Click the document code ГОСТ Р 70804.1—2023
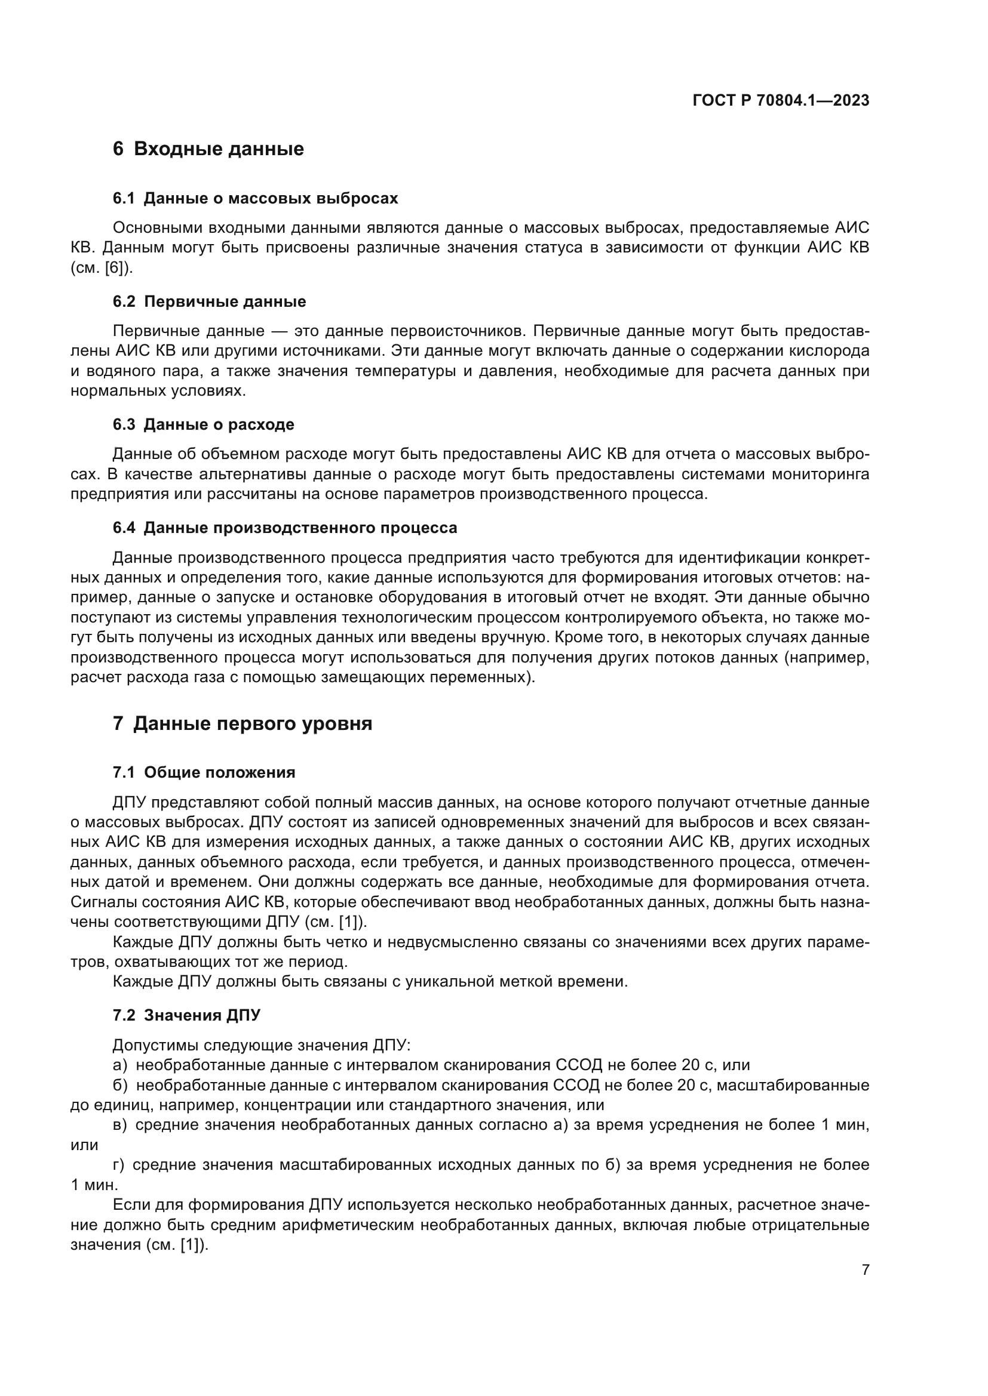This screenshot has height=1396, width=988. coord(781,101)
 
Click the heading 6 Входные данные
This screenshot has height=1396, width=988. coord(208,149)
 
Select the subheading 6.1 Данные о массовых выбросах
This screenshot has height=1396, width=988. coord(255,198)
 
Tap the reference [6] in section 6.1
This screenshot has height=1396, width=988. coord(114,267)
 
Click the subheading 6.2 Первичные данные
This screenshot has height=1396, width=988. coord(209,301)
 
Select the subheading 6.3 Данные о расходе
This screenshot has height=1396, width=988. coord(203,424)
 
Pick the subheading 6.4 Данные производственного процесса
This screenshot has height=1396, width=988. coord(285,528)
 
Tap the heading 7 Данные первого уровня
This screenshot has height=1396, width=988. coord(242,723)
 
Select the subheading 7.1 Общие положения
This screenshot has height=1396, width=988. coord(204,773)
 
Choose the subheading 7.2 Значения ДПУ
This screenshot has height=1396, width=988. coord(186,1015)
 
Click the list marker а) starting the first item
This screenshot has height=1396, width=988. coord(120,1065)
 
